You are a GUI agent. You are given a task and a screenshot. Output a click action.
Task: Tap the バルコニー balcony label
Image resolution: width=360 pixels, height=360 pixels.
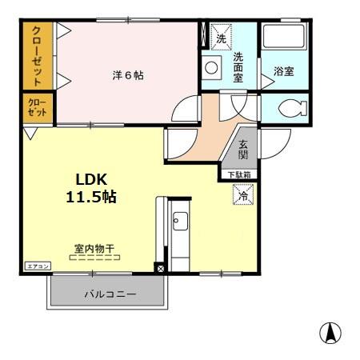click(110, 294)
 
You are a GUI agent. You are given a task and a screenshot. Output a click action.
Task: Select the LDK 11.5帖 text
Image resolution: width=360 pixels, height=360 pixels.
click(91, 187)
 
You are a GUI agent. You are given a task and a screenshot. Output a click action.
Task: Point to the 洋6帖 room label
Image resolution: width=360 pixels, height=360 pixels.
click(127, 76)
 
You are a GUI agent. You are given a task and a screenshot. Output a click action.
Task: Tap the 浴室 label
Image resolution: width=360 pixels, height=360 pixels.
click(284, 72)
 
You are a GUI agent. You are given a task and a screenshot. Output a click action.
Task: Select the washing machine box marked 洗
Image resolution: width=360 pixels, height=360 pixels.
click(220, 36)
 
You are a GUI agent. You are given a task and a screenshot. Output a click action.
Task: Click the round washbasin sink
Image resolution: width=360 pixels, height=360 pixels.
click(212, 69)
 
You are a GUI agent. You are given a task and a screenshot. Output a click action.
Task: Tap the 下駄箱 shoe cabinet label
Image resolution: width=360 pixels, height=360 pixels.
click(241, 174)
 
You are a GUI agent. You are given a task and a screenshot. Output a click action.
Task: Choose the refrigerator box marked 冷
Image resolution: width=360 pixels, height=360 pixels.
click(241, 194)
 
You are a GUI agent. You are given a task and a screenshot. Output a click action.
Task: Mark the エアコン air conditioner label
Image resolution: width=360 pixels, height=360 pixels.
click(37, 266)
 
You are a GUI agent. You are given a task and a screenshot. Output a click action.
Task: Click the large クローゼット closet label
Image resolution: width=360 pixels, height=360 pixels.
click(37, 56)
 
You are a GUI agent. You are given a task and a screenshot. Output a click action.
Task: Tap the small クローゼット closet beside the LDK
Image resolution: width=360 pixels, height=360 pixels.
click(37, 108)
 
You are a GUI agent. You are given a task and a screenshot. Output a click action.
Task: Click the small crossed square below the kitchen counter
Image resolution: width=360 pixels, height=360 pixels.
click(159, 268)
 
